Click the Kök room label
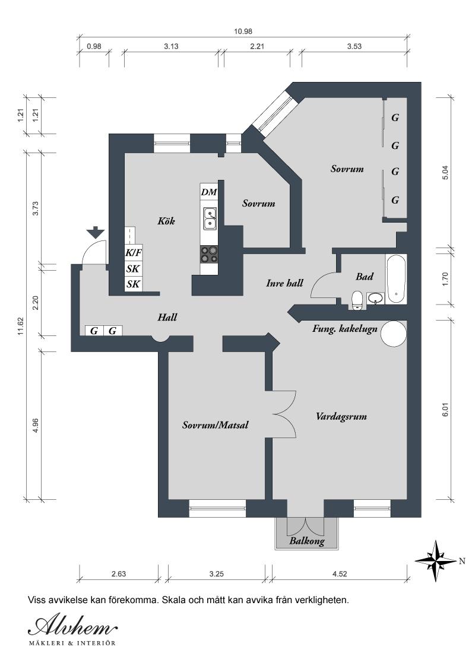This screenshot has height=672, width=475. (167, 221)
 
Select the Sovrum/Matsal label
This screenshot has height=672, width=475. (215, 425)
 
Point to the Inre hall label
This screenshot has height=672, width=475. (284, 283)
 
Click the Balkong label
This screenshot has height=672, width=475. (306, 541)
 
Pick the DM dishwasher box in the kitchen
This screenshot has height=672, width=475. (209, 192)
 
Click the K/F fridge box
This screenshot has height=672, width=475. (133, 252)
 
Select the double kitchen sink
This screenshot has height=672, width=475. (210, 218)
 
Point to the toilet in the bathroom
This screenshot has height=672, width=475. (357, 300)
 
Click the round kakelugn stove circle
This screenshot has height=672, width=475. (392, 334)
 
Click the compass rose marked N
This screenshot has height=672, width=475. (437, 560)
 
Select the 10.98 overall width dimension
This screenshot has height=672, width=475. (243, 31)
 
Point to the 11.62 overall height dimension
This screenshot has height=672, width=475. (21, 325)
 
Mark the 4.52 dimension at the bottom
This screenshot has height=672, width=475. (340, 574)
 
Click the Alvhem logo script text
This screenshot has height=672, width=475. (73, 627)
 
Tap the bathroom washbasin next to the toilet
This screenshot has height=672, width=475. (375, 297)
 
